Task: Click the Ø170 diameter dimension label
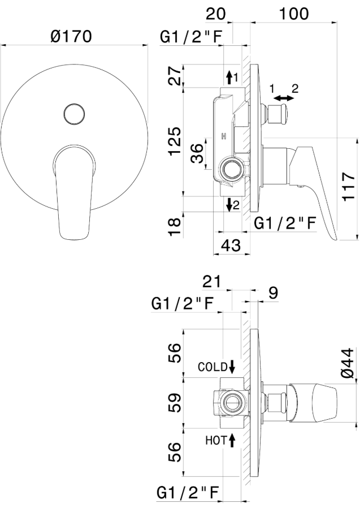click(71, 36)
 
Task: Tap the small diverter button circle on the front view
click(75, 114)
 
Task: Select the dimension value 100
click(294, 14)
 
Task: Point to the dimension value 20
click(216, 14)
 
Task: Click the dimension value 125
click(175, 141)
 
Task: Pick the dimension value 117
click(349, 187)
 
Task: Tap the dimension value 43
click(231, 246)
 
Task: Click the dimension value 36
click(197, 153)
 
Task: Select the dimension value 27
click(175, 75)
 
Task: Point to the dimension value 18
click(175, 226)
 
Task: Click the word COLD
click(212, 367)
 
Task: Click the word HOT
click(216, 440)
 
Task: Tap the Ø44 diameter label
click(348, 363)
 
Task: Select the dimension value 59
click(175, 403)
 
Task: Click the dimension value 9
click(273, 293)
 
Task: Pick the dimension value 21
click(211, 281)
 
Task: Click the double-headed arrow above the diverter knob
click(284, 97)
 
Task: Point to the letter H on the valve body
click(223, 136)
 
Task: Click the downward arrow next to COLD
click(232, 367)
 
